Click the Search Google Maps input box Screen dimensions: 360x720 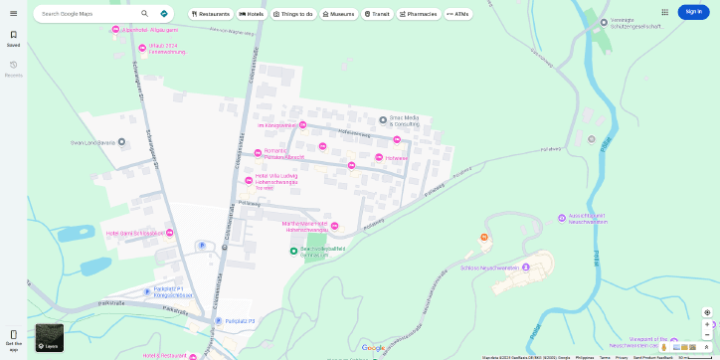[88, 14]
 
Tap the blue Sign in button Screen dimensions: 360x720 [693, 12]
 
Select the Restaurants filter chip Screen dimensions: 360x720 [211, 14]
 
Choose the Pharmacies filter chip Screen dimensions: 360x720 [419, 14]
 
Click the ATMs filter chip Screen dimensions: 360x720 [458, 14]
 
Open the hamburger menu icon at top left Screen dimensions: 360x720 [13, 13]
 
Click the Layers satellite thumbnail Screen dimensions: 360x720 [50, 337]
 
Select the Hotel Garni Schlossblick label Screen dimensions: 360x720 [134, 233]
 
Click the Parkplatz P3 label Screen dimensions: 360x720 [240, 321]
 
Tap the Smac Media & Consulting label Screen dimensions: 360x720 [404, 120]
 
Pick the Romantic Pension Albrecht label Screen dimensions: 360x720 [281, 153]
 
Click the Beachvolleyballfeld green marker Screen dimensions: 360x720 [293, 250]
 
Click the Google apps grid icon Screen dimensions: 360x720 [664, 12]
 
